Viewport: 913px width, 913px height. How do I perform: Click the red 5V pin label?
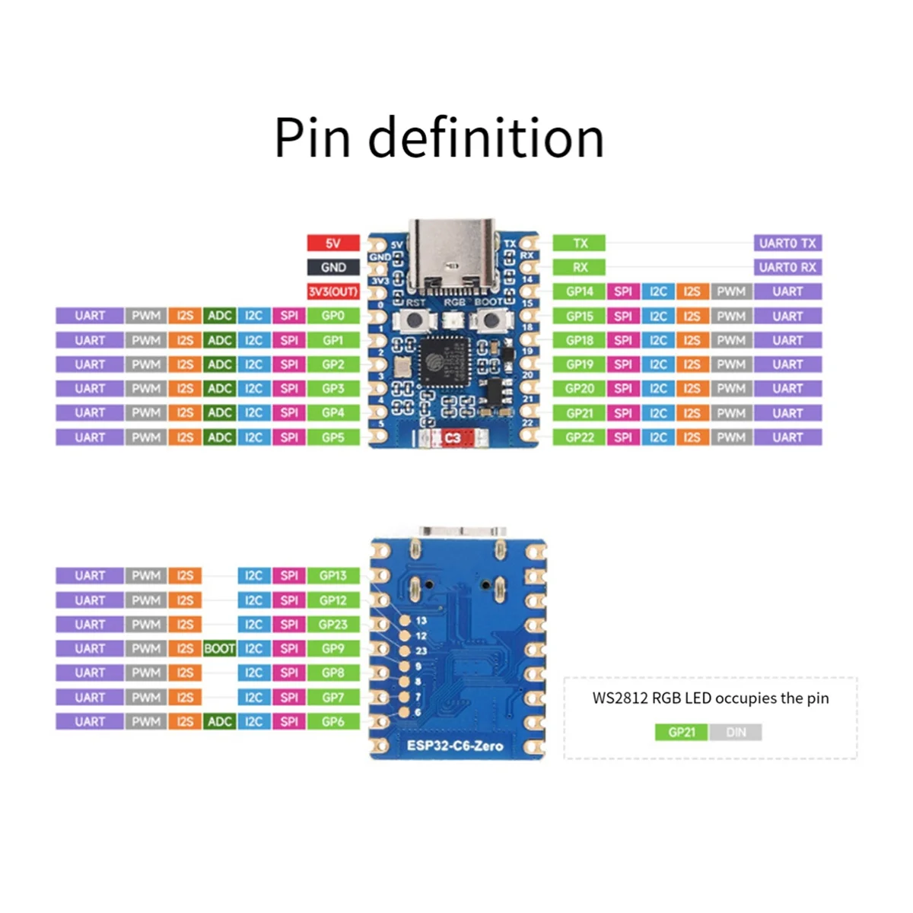coord(332,243)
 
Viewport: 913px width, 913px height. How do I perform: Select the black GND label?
coord(332,268)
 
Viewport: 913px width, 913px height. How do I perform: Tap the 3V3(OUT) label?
coord(332,292)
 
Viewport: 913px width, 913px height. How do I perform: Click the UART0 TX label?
coord(787,243)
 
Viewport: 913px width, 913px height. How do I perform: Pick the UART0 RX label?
coord(787,268)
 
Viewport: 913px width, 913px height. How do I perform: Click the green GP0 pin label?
coord(332,316)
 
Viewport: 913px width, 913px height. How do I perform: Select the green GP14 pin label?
coord(579,291)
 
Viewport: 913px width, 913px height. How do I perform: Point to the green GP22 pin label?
coord(579,437)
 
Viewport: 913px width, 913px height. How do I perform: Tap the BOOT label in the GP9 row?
coord(219,649)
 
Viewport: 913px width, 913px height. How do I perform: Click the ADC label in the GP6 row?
coord(219,721)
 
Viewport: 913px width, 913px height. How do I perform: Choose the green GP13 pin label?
coord(332,576)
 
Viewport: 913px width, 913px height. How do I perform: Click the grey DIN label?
coord(736,733)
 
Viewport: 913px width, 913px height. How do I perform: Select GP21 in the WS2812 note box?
coord(681,733)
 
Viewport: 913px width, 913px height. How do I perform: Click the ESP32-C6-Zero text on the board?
coord(454,746)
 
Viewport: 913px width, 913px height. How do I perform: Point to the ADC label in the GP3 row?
coord(219,389)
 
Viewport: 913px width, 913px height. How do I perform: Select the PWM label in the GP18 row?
coord(730,340)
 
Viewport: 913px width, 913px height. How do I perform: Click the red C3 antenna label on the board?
coord(452,438)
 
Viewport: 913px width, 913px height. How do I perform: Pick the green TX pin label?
coord(579,243)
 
